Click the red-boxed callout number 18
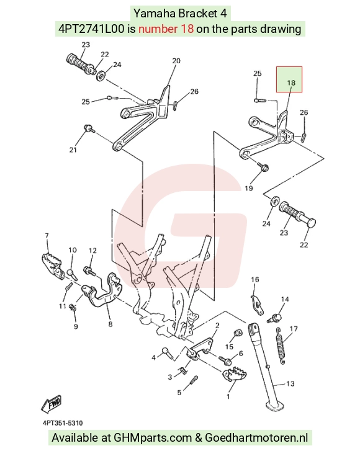291,83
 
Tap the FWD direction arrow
52,403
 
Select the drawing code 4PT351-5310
63,423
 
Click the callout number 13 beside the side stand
290,383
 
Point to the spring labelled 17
281,346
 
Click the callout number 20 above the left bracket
176,61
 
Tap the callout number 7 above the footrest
47,236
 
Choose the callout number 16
255,279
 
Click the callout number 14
285,300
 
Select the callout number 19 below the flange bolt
249,189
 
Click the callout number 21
73,150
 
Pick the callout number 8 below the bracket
110,324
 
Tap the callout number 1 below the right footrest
228,396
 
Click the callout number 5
179,393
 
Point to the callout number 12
92,251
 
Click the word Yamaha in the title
155,13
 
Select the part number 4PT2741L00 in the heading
92,29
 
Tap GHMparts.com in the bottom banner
153,438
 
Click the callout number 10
73,250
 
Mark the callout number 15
230,347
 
